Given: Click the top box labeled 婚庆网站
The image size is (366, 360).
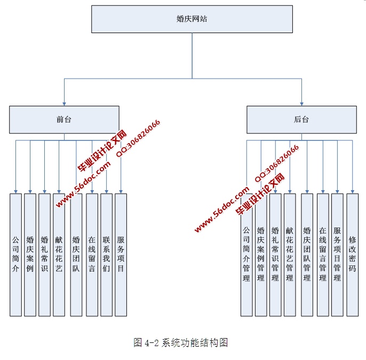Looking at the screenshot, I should (192, 19).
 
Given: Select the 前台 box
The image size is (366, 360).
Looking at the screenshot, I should (64, 120).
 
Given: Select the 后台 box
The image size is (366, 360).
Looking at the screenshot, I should (301, 120).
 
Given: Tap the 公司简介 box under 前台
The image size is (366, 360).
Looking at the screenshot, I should (15, 254).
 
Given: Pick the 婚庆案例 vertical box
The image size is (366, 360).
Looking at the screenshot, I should (30, 254).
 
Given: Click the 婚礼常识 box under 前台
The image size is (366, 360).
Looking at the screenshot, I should (44, 254).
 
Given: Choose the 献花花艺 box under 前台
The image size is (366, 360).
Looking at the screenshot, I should (59, 254).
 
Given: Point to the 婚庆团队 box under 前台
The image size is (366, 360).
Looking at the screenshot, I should (76, 254).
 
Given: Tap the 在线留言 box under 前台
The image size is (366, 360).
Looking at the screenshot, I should (92, 254).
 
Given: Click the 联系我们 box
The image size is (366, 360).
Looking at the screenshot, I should (106, 254).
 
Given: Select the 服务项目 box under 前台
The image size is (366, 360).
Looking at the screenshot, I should (121, 254).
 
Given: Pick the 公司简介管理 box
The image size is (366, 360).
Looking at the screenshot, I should (246, 254).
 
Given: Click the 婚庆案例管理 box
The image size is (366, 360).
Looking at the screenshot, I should (261, 254).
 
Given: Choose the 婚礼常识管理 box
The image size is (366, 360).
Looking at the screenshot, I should (275, 254).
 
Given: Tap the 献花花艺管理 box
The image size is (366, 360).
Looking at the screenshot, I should (290, 254).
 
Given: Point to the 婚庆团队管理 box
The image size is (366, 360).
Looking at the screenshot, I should (307, 254).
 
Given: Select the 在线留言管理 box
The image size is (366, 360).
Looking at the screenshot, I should (322, 254).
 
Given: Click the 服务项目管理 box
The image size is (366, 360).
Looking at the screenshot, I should (337, 254).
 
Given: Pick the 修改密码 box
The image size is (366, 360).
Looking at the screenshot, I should (352, 254).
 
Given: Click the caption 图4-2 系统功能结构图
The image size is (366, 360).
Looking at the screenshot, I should (181, 342).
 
